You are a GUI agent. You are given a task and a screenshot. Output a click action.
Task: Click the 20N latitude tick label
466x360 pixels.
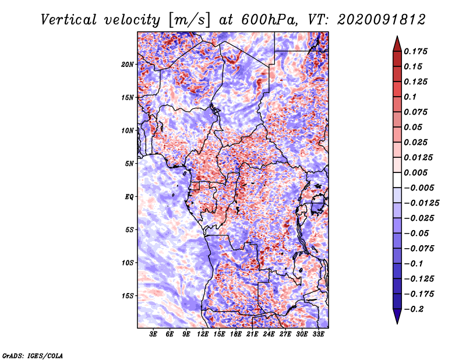128,65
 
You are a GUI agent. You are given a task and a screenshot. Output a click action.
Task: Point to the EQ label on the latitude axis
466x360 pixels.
129,197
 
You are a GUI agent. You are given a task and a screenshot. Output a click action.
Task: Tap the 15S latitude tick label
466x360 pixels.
128,296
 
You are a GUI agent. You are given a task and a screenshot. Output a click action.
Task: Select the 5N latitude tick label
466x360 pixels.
129,164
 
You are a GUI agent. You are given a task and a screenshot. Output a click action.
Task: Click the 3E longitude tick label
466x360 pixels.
153,334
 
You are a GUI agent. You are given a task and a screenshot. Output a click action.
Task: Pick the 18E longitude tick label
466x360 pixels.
236,334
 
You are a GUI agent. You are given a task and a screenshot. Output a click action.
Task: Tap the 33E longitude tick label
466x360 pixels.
318,334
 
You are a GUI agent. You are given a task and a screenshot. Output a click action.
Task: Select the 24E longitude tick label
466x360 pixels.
269,334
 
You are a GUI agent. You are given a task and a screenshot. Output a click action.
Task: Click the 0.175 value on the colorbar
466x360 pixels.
415,51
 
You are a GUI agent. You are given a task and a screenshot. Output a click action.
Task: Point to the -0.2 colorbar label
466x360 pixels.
414,309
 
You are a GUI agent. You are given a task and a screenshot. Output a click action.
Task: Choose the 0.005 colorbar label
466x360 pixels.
415,172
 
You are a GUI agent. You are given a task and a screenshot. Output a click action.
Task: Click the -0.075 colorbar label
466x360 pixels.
419,249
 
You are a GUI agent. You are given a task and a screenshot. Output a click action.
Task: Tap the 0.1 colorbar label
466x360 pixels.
410,97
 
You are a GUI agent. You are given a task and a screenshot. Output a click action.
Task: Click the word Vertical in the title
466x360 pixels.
69,20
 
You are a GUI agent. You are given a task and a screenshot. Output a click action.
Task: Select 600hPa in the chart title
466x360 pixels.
269,20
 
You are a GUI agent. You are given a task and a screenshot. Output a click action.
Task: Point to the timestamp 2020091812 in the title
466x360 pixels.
382,20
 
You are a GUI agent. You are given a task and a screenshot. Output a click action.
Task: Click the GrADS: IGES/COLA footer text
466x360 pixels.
33,356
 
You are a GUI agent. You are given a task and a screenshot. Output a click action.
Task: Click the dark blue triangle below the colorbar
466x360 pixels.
397,315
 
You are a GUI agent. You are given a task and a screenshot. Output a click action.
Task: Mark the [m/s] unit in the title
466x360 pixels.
189,20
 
